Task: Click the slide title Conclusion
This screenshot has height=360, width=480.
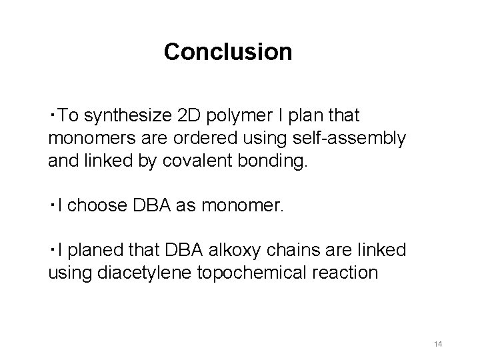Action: pos(228,51)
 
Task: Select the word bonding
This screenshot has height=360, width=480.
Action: pos(279,160)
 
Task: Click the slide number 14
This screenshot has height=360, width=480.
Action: pos(438,343)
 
